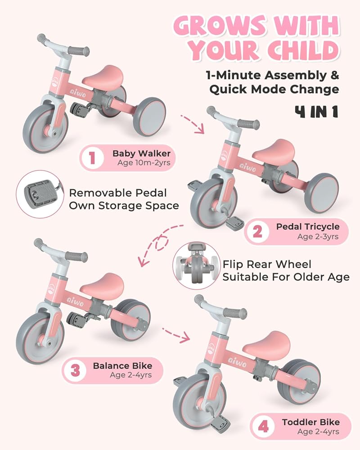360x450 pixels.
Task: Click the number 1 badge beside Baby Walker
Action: (x=92, y=158)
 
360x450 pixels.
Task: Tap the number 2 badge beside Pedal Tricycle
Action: (x=257, y=232)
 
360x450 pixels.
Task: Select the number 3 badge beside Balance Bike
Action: (x=75, y=370)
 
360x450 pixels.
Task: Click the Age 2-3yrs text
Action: (x=318, y=236)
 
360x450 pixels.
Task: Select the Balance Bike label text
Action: (x=122, y=365)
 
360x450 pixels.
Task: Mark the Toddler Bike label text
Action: (x=310, y=422)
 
